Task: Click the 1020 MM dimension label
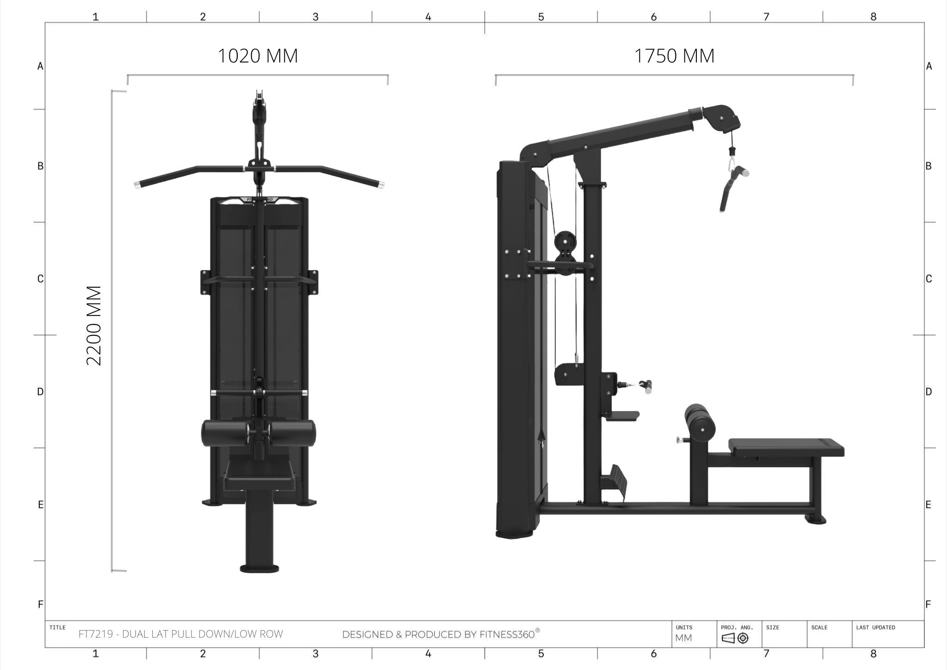click(x=258, y=56)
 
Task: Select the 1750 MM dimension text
click(x=674, y=56)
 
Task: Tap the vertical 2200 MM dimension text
click(x=94, y=325)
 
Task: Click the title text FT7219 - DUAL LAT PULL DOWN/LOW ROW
click(x=181, y=634)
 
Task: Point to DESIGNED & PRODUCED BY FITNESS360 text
click(x=441, y=634)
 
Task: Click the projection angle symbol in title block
click(x=735, y=639)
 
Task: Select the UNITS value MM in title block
click(x=683, y=638)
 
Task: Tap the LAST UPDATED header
click(x=875, y=628)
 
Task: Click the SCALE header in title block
click(x=819, y=628)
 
